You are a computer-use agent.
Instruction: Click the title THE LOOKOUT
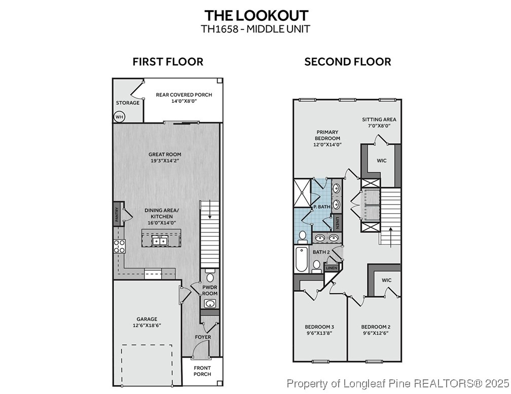[255, 15]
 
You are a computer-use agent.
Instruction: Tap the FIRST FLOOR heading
[168, 62]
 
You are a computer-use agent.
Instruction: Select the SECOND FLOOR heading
[347, 62]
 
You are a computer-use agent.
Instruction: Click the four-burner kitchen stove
[120, 246]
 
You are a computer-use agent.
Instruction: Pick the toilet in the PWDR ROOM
[210, 277]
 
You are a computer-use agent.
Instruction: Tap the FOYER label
[203, 337]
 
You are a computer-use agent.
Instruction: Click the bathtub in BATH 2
[301, 259]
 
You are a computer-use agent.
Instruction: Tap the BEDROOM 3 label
[319, 330]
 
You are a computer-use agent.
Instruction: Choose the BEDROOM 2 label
[375, 330]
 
